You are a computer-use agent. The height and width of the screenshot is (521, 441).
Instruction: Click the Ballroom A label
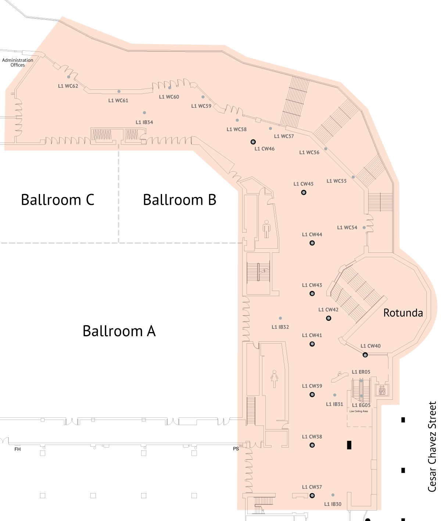pos(119,331)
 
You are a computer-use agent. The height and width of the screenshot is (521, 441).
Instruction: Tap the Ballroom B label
pos(180,200)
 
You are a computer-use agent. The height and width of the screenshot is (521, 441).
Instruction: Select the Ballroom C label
pos(57,200)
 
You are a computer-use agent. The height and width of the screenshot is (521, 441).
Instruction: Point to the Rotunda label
pos(403,313)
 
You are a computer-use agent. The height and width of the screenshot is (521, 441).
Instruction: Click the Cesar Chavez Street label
pos(432,447)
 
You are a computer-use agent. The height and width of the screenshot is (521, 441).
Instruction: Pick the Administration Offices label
pos(18,62)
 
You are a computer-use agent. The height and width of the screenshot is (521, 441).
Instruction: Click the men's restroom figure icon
pos(266,229)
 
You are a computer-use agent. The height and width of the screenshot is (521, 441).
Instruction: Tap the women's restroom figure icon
pos(274,379)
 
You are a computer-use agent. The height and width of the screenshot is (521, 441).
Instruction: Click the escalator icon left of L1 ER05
pos(340,377)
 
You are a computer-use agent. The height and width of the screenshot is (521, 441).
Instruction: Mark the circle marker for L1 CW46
pos(253,142)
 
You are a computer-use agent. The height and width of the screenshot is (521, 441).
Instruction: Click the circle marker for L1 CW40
pos(365,355)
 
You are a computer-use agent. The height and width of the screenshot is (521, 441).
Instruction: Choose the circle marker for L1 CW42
pos(329,318)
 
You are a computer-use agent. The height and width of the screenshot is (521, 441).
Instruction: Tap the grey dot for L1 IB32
pos(280,318)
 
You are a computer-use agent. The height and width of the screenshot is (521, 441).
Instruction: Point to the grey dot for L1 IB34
pos(144,113)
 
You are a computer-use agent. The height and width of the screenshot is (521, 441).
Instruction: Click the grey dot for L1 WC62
pos(69,77)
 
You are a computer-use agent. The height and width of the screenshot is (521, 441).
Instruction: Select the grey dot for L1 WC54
pos(364,227)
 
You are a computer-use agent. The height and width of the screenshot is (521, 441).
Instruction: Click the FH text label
pos(17,449)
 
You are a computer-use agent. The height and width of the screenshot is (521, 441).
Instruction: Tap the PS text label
pos(236,449)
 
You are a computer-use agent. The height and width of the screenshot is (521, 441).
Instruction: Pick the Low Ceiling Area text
pos(359,411)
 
